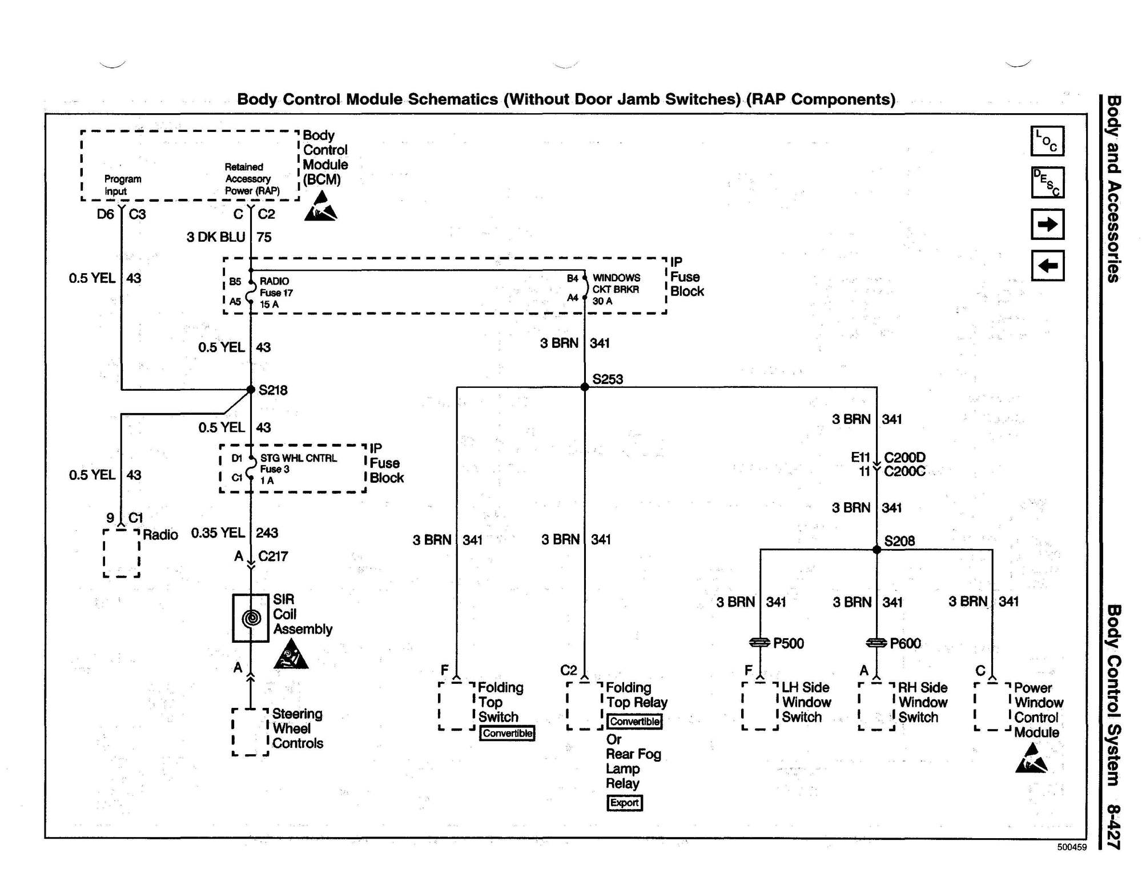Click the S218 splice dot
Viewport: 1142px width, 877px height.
click(x=251, y=390)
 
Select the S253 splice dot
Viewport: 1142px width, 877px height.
click(x=585, y=387)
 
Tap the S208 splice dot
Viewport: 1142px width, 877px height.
click(x=877, y=550)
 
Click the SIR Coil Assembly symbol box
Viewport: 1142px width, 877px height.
click(x=251, y=618)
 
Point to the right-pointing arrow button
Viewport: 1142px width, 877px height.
click(x=1047, y=224)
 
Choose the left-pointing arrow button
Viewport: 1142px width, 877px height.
click(x=1047, y=266)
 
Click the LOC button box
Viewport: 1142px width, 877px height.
click(x=1047, y=141)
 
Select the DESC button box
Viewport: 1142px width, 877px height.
click(x=1047, y=182)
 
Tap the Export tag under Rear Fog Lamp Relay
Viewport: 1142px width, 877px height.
click(x=624, y=803)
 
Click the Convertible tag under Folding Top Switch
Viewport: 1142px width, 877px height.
click(x=507, y=733)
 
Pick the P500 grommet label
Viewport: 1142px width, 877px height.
click(x=789, y=643)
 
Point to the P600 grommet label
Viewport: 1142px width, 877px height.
click(x=905, y=643)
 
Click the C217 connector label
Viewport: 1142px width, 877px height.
click(x=273, y=556)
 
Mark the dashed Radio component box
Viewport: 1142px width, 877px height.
click(x=122, y=553)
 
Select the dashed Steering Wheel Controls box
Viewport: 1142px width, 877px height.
click(x=250, y=732)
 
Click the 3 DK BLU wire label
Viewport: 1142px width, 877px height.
click(x=216, y=237)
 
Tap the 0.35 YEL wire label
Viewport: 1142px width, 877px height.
click(x=218, y=532)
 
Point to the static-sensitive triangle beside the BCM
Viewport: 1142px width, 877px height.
click(x=321, y=207)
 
